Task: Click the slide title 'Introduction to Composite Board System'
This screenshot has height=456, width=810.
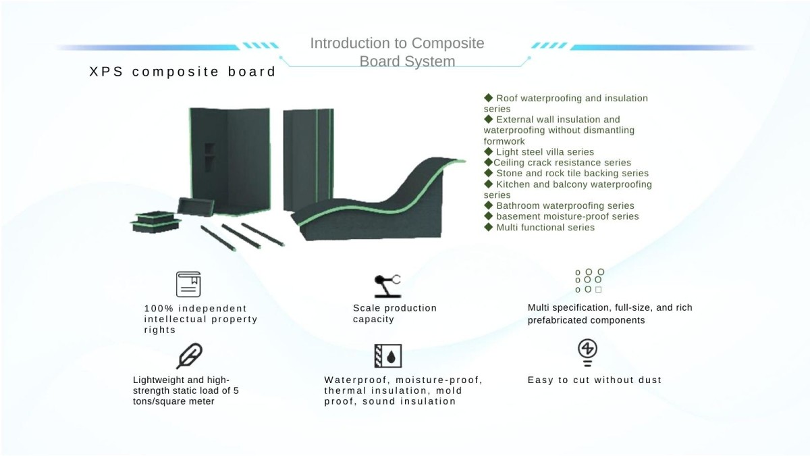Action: (x=397, y=52)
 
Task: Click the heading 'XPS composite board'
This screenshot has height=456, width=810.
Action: (x=183, y=72)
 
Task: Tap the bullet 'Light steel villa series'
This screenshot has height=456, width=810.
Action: (x=545, y=152)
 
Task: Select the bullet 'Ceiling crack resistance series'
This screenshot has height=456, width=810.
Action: (x=562, y=163)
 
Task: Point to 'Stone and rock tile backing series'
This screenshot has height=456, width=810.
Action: (x=572, y=174)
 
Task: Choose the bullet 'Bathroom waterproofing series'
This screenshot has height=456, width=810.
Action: (x=565, y=206)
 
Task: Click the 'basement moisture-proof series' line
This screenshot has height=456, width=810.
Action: (x=567, y=217)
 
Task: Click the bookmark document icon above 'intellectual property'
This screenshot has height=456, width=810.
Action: (x=188, y=284)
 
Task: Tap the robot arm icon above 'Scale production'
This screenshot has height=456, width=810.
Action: (x=387, y=285)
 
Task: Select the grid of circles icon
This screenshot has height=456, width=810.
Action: (x=589, y=281)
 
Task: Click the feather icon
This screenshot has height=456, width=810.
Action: (x=189, y=356)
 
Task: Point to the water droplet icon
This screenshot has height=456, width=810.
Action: (x=388, y=356)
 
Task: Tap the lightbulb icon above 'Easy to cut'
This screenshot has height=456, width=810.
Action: (x=587, y=352)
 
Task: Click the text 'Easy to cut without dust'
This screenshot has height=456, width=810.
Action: (x=594, y=380)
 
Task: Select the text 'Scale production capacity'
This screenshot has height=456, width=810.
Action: (x=394, y=313)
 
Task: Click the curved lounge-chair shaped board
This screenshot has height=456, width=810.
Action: (x=378, y=203)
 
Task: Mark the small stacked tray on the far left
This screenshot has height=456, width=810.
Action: (x=156, y=222)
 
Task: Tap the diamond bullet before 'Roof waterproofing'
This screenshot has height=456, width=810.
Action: (x=489, y=98)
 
